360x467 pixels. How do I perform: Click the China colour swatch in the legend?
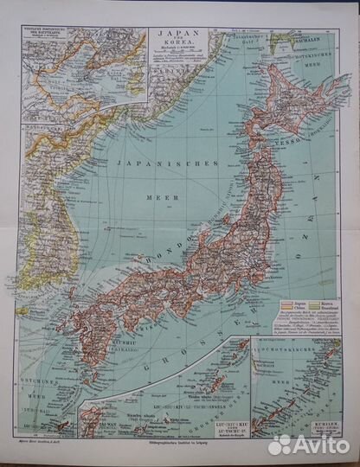pyautogui.click(x=279, y=309)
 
